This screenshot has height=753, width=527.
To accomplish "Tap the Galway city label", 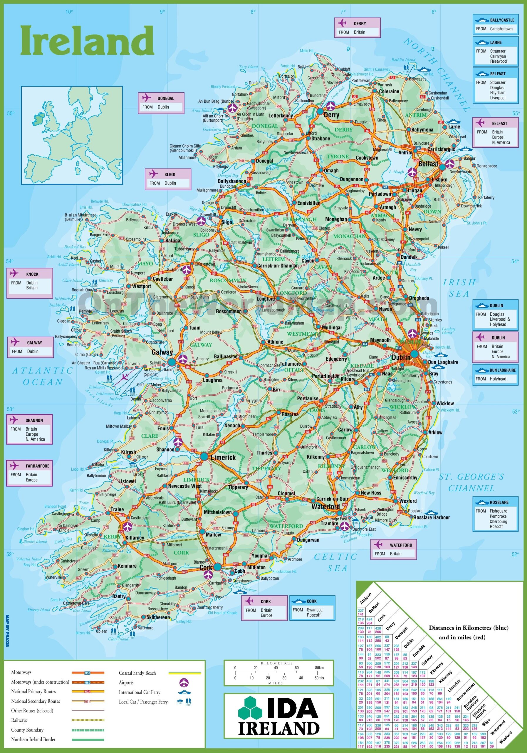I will click(x=162, y=352).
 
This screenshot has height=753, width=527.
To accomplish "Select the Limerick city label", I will click(x=223, y=457).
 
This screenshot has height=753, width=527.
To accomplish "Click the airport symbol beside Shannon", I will click(x=177, y=442).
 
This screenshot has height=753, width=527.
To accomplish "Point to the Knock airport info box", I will click(x=29, y=283).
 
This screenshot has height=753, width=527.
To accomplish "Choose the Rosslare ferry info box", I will click(x=495, y=514).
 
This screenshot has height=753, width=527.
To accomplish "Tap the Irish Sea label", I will click(x=459, y=288).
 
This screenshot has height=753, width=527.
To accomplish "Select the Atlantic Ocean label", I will click(x=43, y=376).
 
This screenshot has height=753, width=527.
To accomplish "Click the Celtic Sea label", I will click(x=336, y=562).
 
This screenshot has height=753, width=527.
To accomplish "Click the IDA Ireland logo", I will click(x=278, y=713).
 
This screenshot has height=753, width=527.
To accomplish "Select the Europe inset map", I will click(x=72, y=135).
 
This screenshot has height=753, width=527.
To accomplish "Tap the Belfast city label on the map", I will click(x=428, y=164).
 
